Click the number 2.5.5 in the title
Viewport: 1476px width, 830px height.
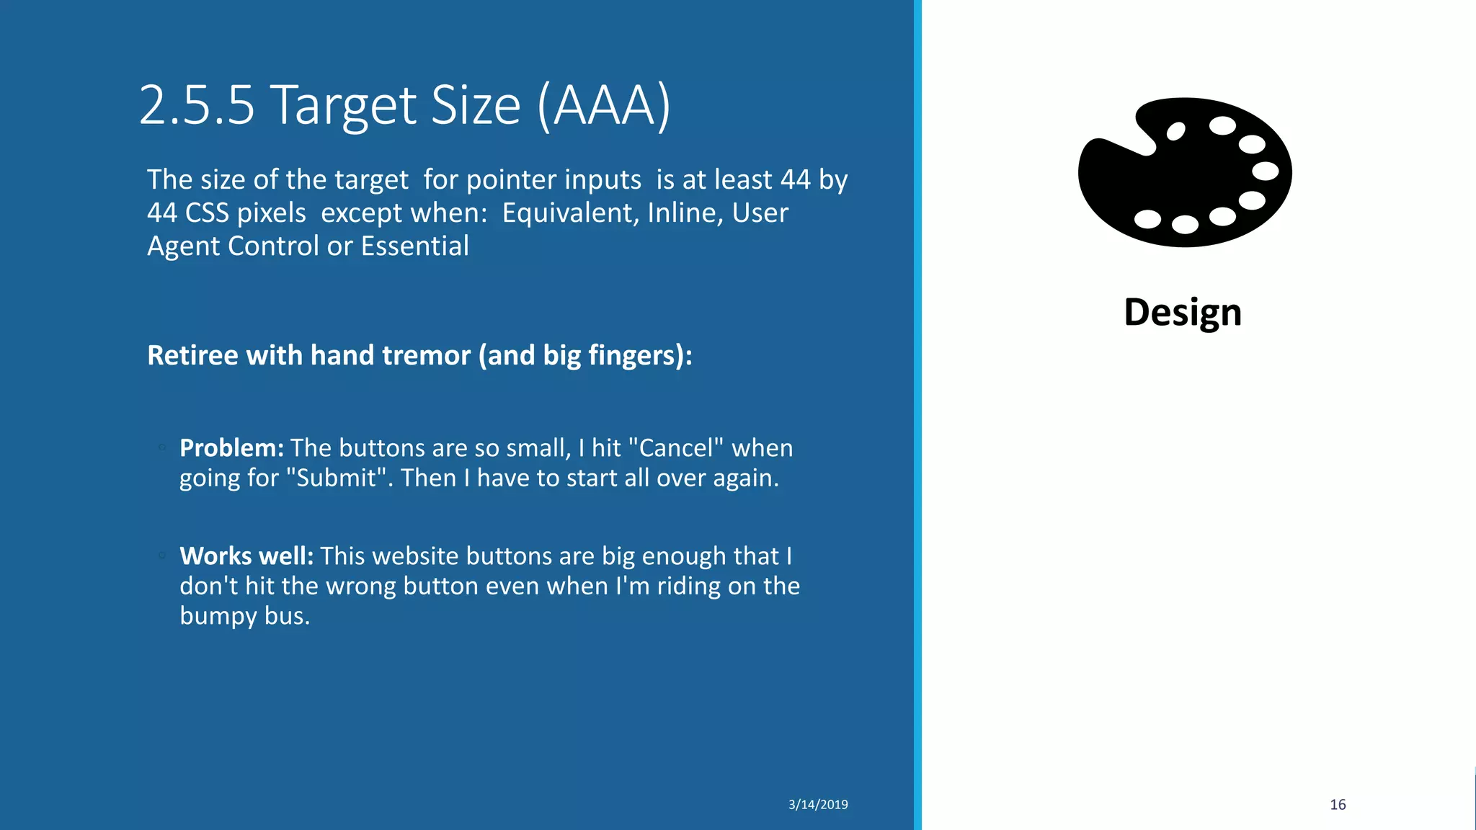point(197,105)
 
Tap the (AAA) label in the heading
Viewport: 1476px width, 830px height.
point(604,105)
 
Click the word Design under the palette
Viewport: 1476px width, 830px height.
point(1183,312)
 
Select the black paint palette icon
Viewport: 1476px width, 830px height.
point(1184,173)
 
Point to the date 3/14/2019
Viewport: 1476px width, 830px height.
point(818,805)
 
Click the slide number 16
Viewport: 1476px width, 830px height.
point(1338,805)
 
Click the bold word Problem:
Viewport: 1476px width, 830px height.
point(231,448)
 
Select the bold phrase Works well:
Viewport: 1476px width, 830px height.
point(246,556)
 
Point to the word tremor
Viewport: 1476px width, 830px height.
point(426,355)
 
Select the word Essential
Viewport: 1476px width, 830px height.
point(414,246)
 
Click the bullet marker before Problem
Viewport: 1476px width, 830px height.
point(163,447)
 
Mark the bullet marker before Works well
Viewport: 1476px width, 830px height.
point(163,555)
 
